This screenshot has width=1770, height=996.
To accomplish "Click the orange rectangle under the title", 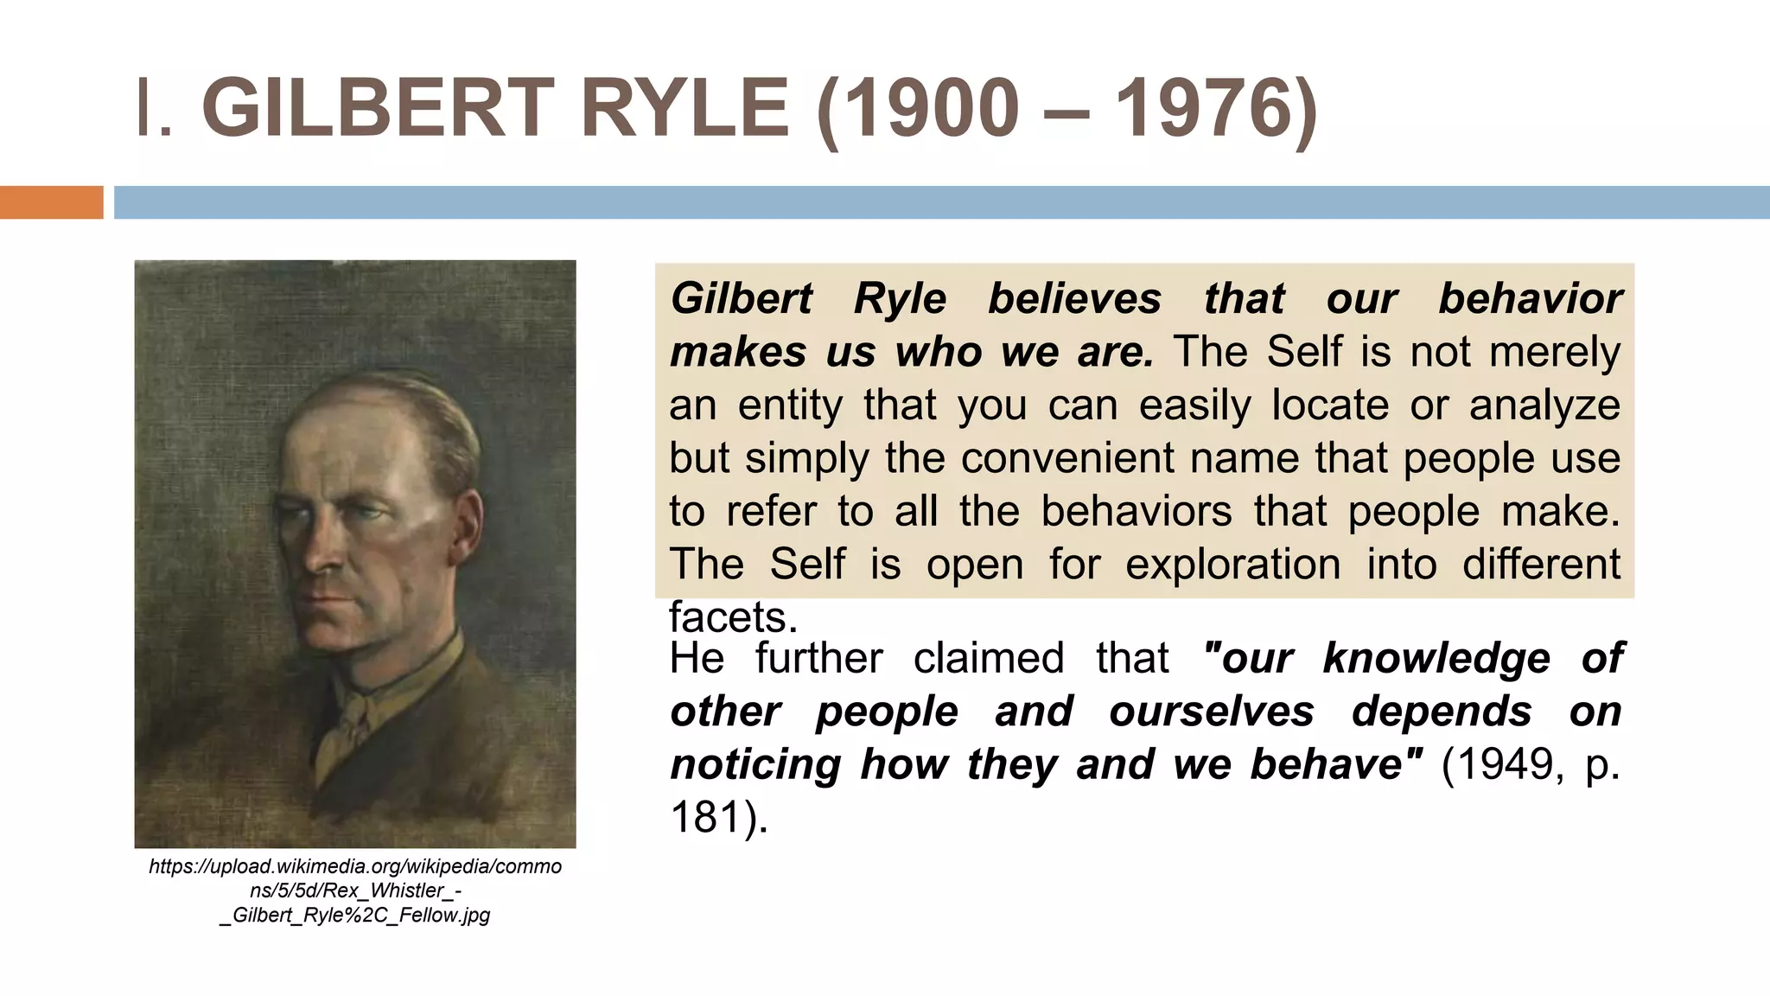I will (51, 202).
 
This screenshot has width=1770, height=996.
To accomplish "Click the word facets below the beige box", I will (732, 617).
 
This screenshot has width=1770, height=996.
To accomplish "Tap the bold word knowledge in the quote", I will (1436, 658).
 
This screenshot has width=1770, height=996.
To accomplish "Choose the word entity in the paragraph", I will (790, 405).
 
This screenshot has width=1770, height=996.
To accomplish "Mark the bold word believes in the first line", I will (1075, 299).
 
